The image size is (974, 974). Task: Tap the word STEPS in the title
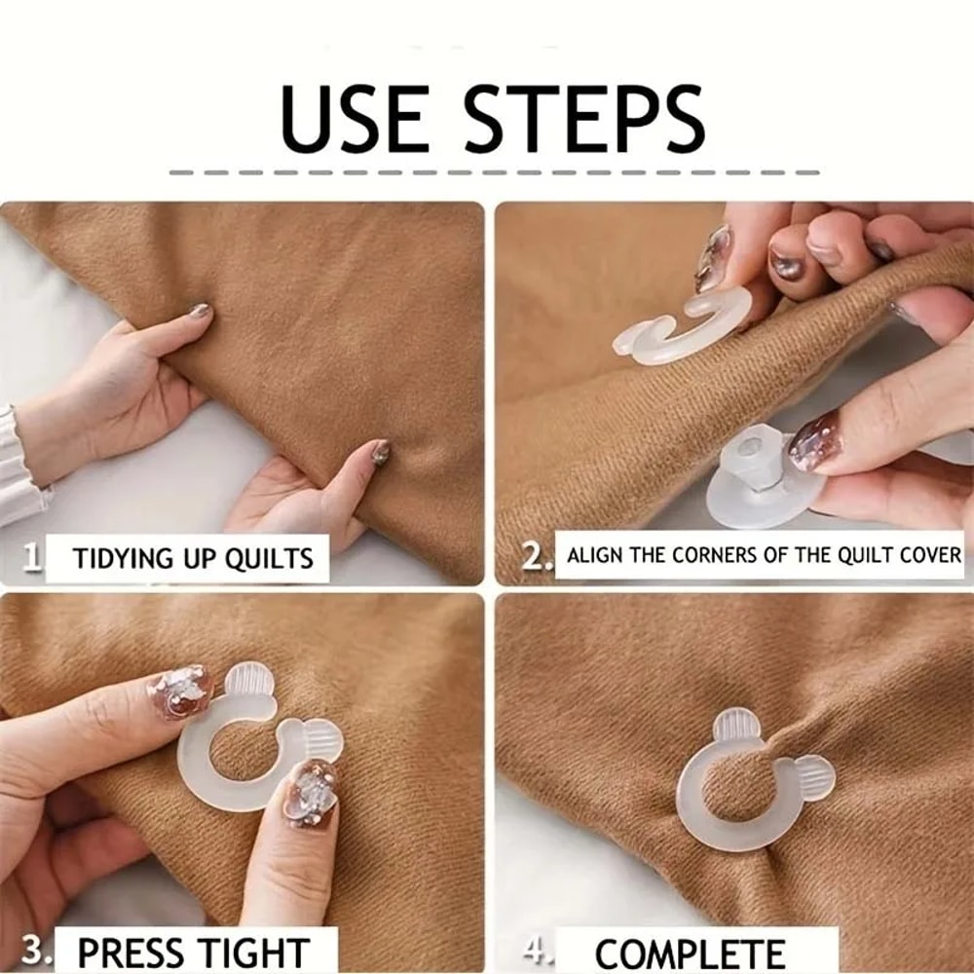click(582, 120)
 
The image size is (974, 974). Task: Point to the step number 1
click(32, 557)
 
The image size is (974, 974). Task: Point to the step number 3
click(35, 950)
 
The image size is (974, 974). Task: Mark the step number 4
click(537, 950)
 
